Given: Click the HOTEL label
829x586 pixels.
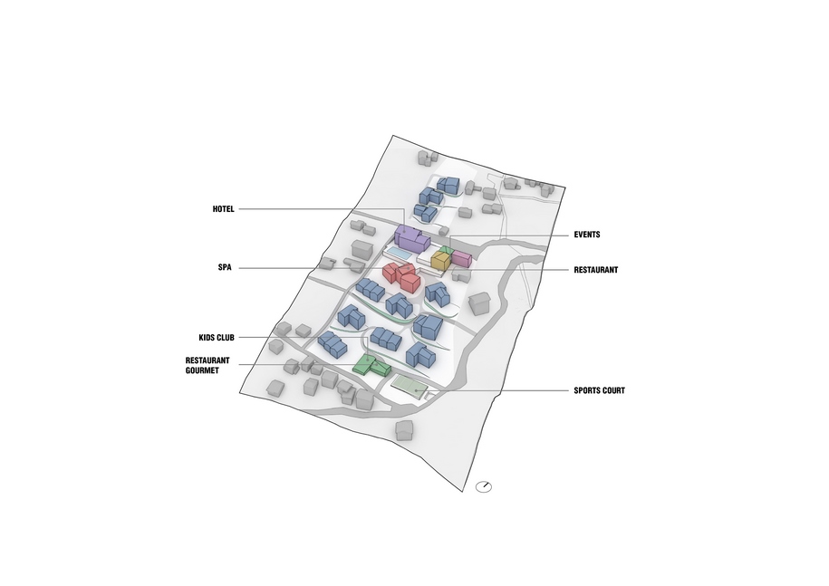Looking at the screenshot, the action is point(223,209).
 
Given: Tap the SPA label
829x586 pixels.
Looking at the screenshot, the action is point(225,267).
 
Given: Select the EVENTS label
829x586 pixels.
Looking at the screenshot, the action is point(587,235).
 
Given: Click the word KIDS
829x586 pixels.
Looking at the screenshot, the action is point(207,338).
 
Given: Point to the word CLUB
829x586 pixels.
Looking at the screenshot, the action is point(226,338).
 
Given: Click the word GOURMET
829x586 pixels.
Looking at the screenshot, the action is point(202,370).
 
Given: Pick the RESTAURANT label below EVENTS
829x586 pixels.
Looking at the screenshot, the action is point(596,270).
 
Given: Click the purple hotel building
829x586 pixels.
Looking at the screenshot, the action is point(410,238).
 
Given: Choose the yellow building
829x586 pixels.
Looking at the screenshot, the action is point(440,261).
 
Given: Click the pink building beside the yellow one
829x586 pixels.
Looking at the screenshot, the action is point(461,258).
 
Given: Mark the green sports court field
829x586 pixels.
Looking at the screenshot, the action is point(410,386).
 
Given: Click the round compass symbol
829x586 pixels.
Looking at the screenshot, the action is point(484,486).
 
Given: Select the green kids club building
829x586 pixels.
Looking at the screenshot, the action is point(371,365).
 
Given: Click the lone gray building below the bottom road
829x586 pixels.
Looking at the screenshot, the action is point(404,430).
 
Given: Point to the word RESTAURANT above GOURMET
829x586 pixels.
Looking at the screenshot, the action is point(207,360).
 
